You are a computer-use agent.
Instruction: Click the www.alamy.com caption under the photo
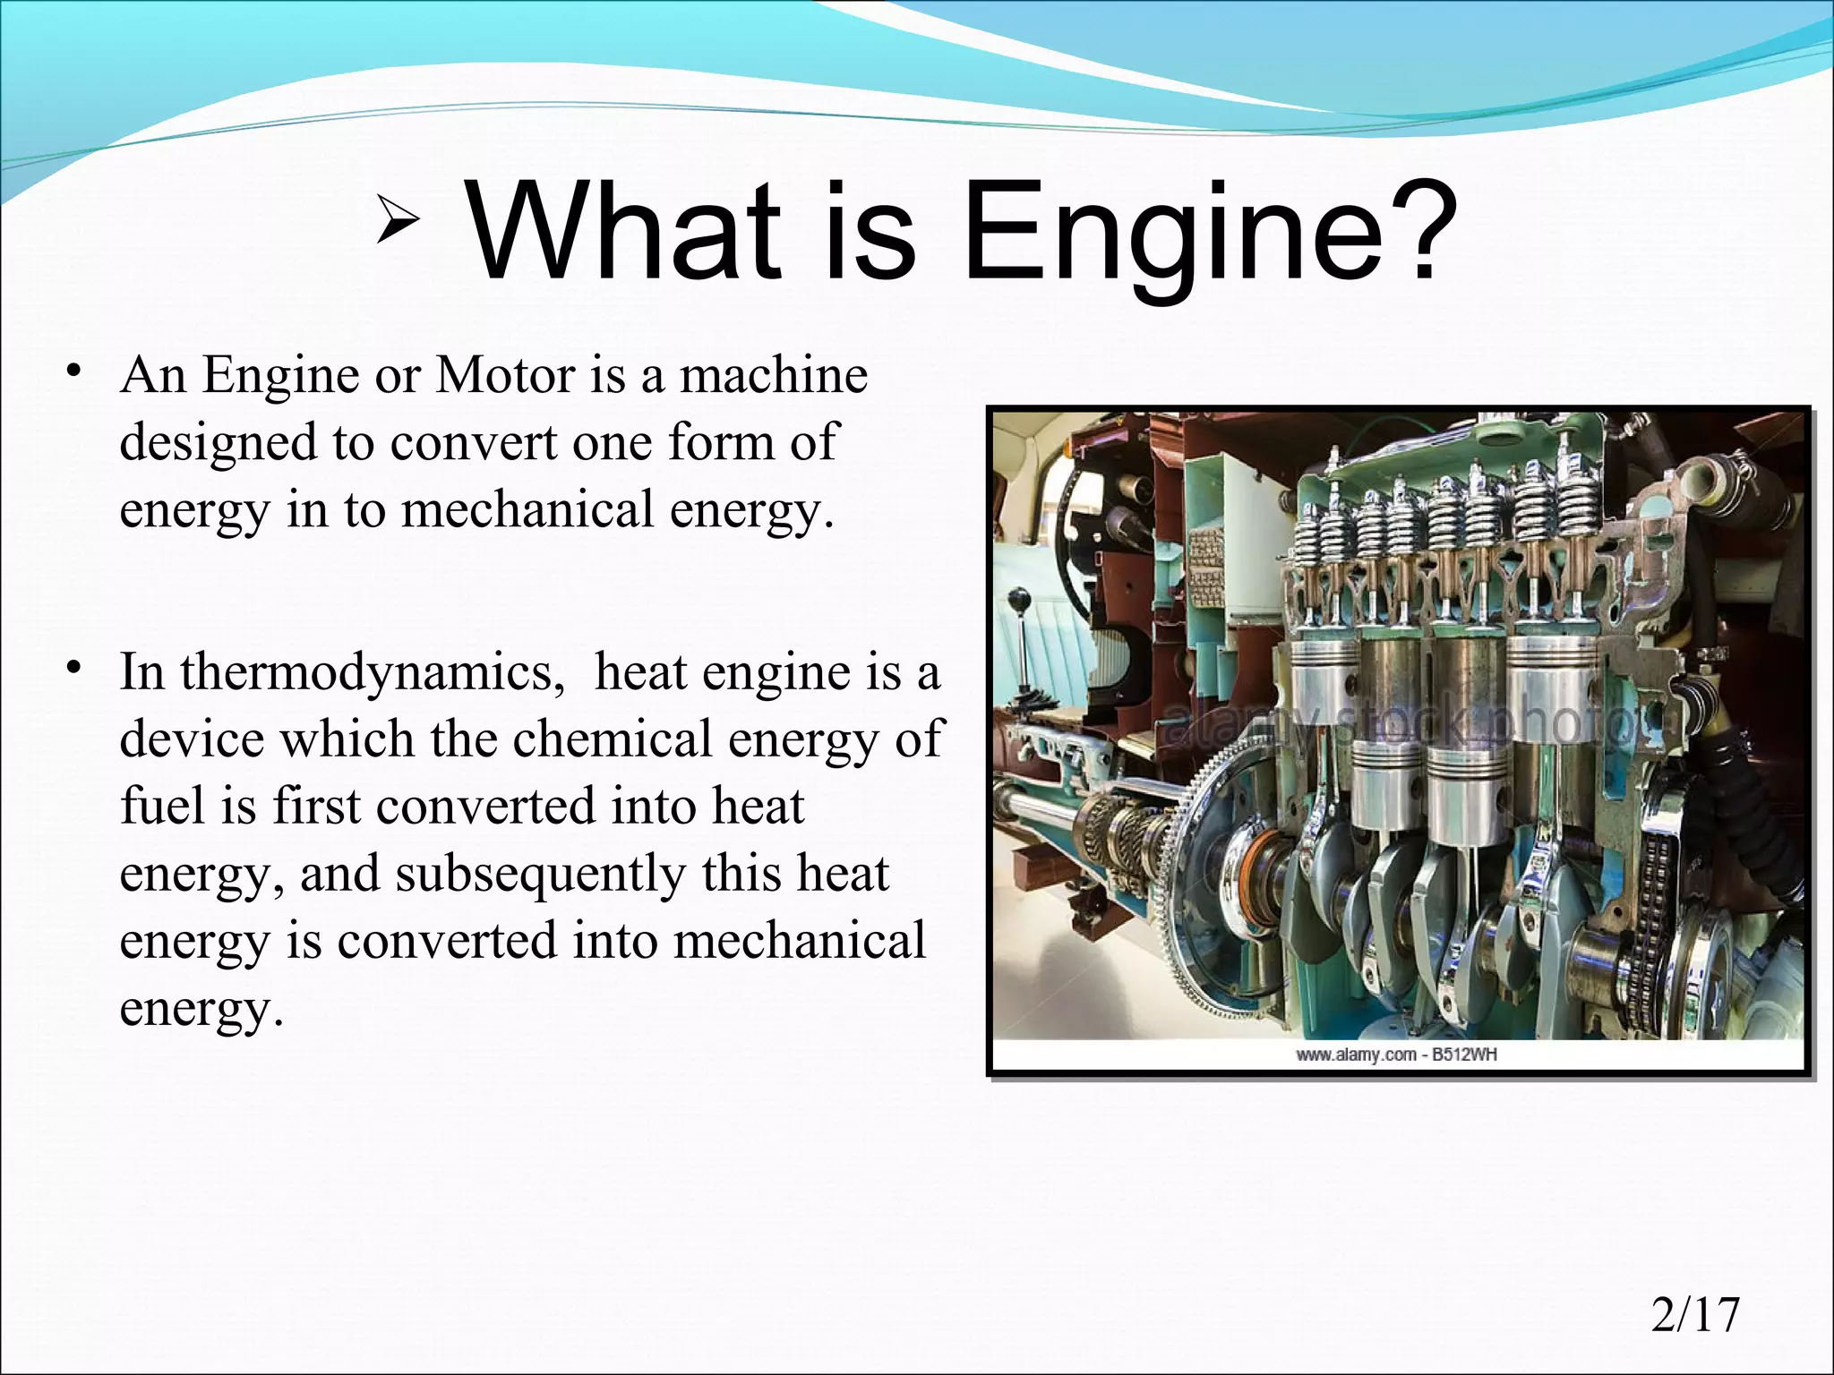point(1396,1055)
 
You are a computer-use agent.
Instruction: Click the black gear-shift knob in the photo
point(1017,598)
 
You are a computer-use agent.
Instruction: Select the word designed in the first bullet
point(219,442)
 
